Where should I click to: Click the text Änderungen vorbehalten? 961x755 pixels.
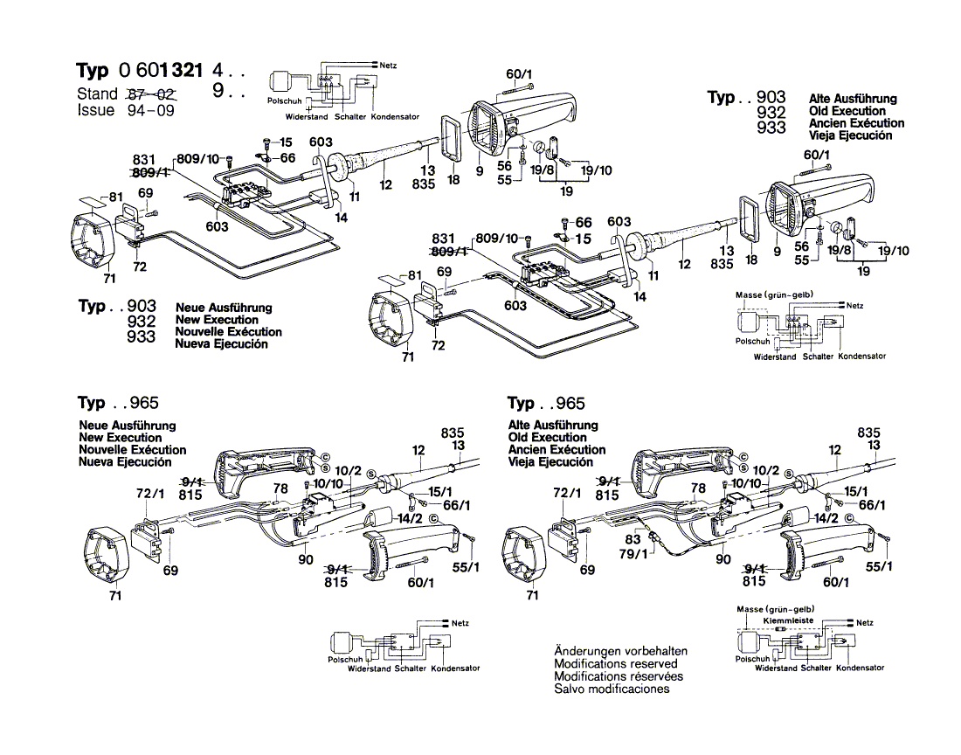click(x=620, y=652)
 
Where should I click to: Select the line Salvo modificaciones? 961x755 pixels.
click(x=612, y=689)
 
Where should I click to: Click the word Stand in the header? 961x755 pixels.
click(x=96, y=94)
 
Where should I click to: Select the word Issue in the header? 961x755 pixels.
click(x=95, y=111)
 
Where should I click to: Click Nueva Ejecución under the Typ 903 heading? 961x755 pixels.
click(x=222, y=344)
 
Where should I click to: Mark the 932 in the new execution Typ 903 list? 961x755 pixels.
click(x=141, y=322)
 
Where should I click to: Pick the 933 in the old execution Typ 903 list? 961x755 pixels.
click(x=771, y=128)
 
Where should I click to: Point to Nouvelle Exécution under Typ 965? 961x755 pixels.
click(x=131, y=450)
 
